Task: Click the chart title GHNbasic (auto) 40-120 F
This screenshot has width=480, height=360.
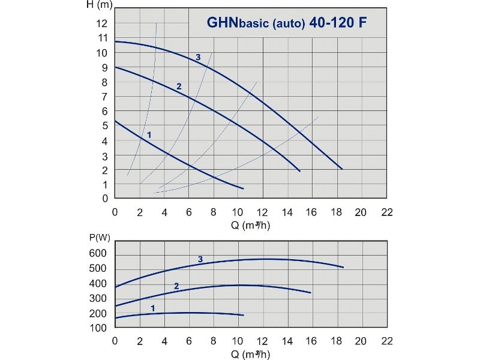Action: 287,23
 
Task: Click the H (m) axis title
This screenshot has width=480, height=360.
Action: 100,5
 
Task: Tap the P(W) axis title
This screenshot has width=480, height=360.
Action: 100,238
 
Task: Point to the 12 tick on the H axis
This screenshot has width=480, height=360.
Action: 102,23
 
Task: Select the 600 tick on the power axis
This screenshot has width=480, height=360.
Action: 98,253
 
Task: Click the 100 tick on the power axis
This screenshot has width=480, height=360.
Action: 98,328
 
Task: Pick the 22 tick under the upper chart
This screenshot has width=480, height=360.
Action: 387,212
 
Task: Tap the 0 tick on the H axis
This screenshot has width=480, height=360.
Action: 105,199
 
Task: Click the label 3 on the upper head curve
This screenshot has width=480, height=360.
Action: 198,57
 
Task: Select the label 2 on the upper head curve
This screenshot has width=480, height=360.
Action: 179,86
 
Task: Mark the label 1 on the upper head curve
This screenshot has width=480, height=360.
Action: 149,134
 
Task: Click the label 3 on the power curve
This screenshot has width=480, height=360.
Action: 200,259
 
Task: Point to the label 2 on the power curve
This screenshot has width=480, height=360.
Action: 176,286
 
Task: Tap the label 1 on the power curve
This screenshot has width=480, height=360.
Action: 153,308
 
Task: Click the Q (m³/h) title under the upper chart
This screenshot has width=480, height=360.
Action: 250,226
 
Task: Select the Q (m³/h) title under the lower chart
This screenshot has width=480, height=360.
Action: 250,354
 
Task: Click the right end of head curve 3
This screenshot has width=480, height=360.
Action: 342,169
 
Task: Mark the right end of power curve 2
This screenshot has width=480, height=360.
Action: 310,293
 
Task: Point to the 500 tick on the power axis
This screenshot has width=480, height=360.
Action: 98,268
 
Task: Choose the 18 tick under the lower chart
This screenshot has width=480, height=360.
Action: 336,341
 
